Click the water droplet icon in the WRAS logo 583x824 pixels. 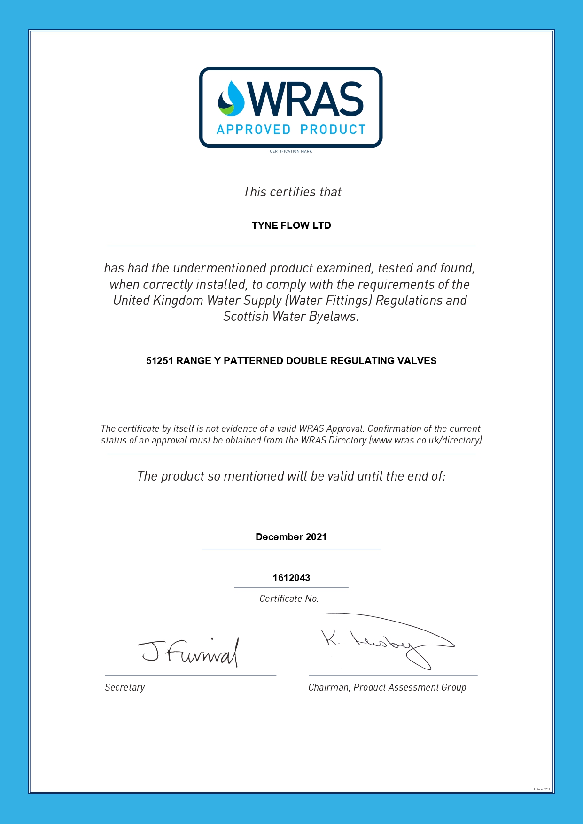[x=231, y=99]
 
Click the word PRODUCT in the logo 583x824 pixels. [x=333, y=130]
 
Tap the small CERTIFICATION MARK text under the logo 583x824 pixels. [x=291, y=151]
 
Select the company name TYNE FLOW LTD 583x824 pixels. [x=291, y=225]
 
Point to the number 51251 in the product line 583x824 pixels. [x=159, y=361]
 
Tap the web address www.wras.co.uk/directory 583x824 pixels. [x=425, y=440]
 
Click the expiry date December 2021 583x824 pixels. [x=291, y=537]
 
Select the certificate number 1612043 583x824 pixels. [x=291, y=578]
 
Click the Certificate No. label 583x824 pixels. [x=289, y=599]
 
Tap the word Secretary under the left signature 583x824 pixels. [x=125, y=687]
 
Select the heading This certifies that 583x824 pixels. [x=292, y=192]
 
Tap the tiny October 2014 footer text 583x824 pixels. [x=542, y=789]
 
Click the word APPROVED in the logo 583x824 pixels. [x=254, y=130]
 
